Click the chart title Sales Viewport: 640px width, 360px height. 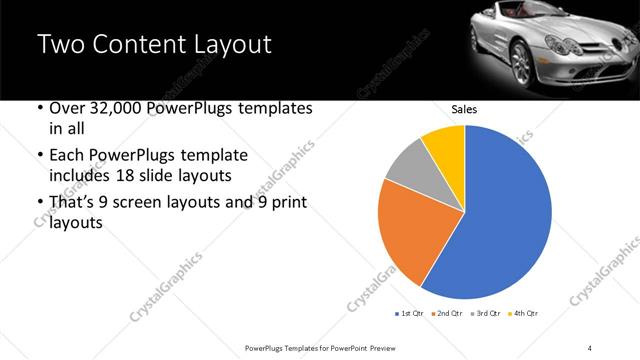pos(464,109)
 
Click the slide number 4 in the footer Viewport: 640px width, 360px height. pos(590,346)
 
